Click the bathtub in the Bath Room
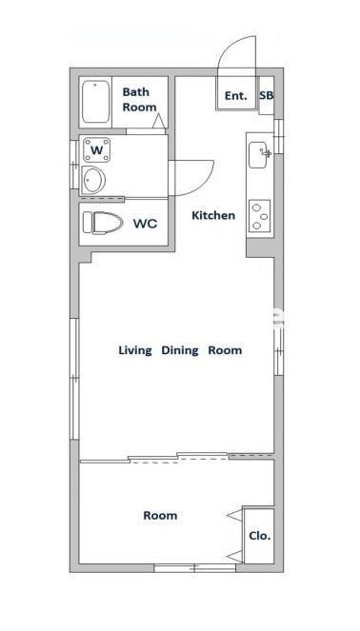[96, 102]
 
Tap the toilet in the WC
[103, 223]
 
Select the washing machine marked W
[96, 149]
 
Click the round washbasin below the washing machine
[93, 180]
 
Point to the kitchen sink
[258, 154]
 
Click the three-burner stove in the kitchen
[259, 216]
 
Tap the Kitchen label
[213, 215]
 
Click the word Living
[135, 350]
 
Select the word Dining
[180, 350]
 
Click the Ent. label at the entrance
[236, 96]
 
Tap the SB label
[267, 96]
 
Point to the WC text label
[146, 224]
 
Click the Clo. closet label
[260, 536]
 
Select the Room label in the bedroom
[160, 516]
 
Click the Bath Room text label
[139, 99]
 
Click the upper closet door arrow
[235, 515]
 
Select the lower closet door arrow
[235, 557]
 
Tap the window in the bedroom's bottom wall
[195, 568]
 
